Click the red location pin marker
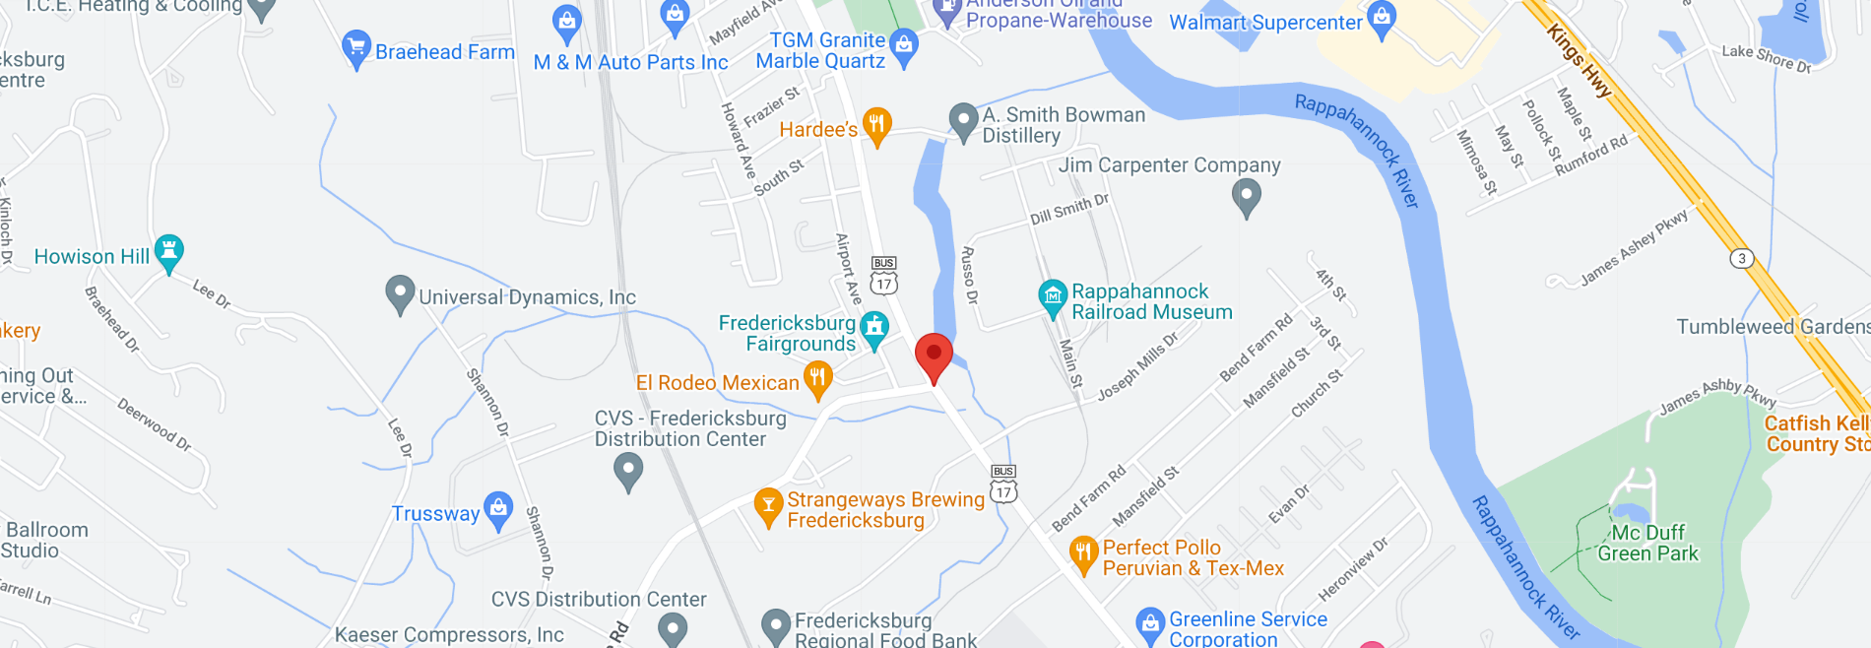point(934,356)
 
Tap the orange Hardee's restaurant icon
point(876,125)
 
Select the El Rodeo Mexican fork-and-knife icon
point(817,378)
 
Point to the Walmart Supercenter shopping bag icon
point(1382,19)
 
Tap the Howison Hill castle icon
point(169,252)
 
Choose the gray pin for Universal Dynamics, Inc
point(399,292)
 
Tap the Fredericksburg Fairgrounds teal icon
point(873,329)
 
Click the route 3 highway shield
point(1742,258)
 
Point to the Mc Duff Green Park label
point(1647,543)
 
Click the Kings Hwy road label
point(1579,61)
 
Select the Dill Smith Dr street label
point(1069,209)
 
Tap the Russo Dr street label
point(969,275)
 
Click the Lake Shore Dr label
point(1767,58)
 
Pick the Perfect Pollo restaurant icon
point(1083,553)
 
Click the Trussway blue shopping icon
point(498,509)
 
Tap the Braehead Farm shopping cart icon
point(355,48)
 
